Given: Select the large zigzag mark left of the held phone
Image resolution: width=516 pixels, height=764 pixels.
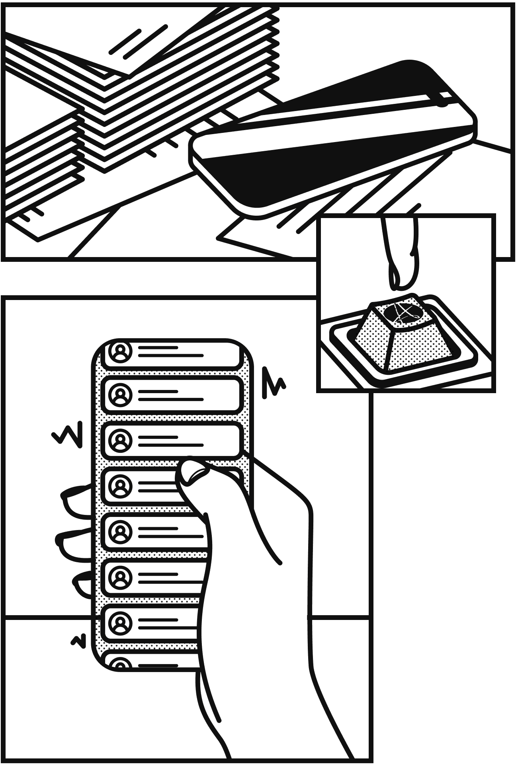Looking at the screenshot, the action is click(x=68, y=434).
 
